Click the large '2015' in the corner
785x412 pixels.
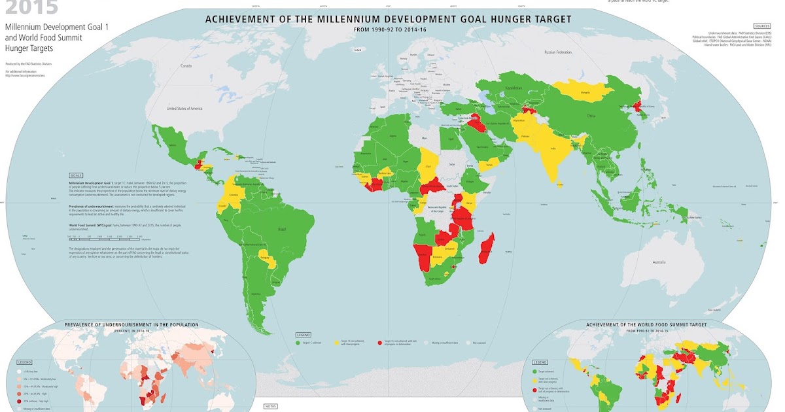[x=29, y=8]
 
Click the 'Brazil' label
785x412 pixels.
[x=283, y=230]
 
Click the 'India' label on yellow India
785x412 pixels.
[x=553, y=149]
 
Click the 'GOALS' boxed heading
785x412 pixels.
[x=75, y=175]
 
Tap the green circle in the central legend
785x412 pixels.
[x=298, y=341]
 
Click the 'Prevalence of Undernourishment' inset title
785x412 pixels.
[x=131, y=324]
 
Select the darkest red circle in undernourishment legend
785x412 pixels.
[x=20, y=400]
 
